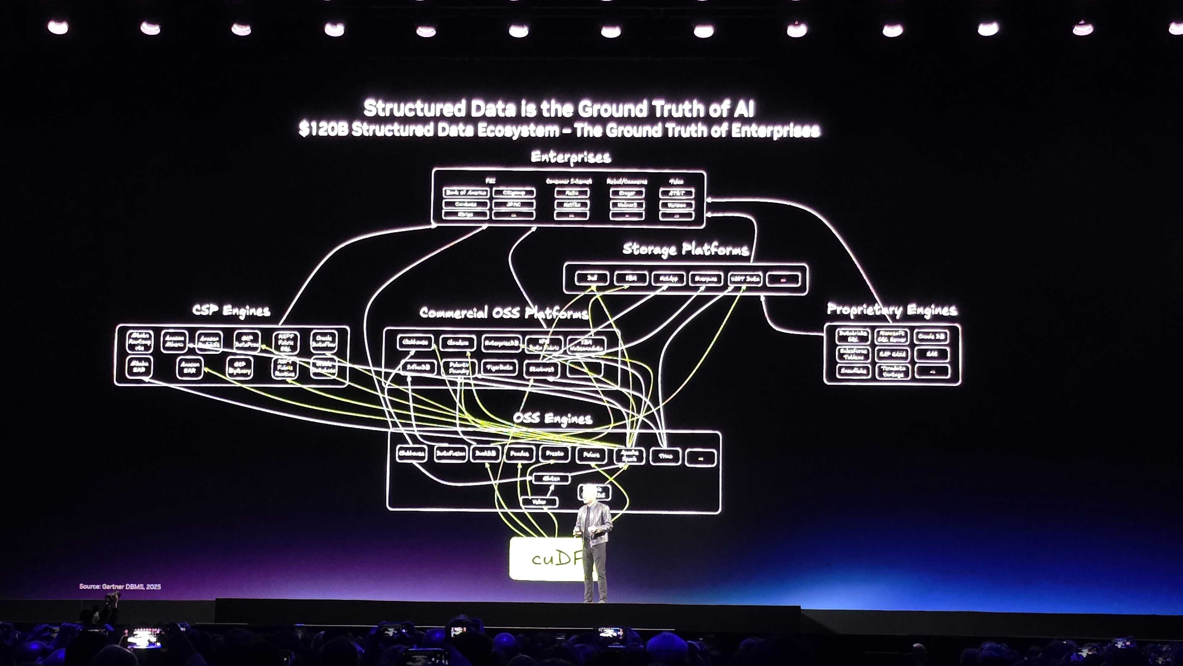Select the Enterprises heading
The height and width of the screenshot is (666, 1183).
point(571,157)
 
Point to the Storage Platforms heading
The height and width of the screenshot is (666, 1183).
point(685,249)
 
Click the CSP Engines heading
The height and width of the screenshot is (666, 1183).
point(231,311)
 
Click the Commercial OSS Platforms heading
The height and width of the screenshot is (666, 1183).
point(504,313)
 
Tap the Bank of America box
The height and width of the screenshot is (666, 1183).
point(466,193)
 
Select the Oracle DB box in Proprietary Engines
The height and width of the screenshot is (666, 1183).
point(931,336)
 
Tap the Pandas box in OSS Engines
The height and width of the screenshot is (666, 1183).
point(519,454)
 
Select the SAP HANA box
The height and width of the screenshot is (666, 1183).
point(892,354)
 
